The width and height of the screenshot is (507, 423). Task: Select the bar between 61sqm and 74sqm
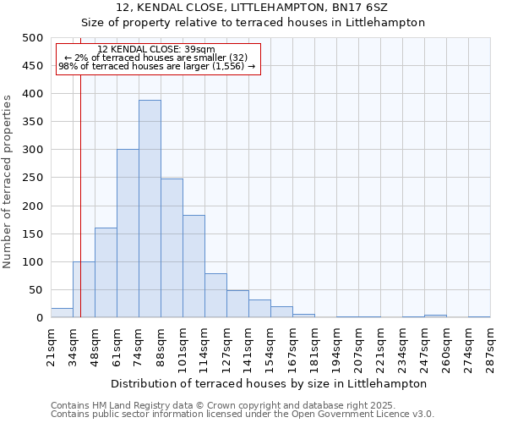[128, 233]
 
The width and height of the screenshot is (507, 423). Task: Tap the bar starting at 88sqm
[172, 248]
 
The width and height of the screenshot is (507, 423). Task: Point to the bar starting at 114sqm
[215, 295]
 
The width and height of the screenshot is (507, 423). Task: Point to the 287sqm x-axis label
[490, 347]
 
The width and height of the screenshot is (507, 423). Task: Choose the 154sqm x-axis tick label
[270, 347]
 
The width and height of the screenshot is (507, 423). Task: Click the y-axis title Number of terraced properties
[8, 181]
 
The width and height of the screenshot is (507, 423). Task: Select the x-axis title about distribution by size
[269, 383]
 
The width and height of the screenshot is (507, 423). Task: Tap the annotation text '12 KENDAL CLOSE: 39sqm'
[156, 49]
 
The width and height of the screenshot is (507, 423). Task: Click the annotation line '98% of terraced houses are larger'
[156, 66]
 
